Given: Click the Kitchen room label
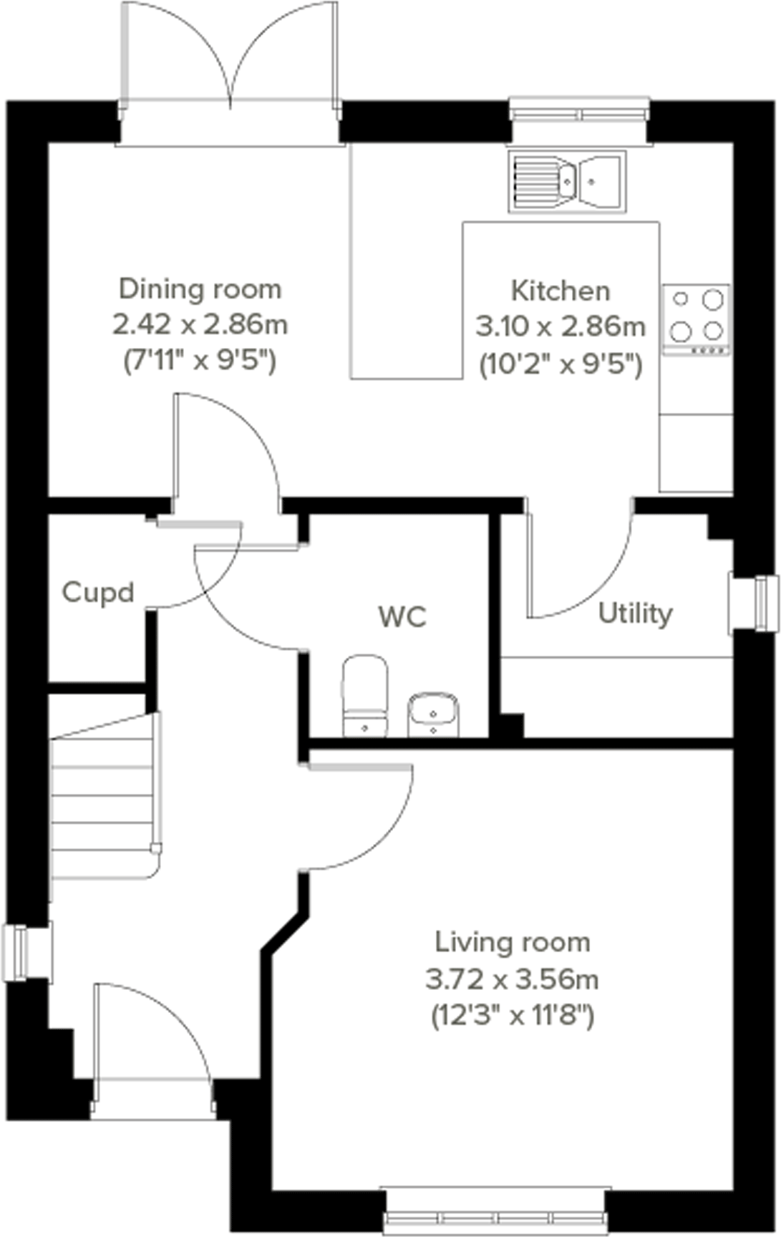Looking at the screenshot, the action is click(561, 291).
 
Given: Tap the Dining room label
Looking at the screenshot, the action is click(200, 288).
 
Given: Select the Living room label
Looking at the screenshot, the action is click(513, 942).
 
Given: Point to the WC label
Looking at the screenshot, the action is click(402, 616).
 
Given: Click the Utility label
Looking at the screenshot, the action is click(636, 613).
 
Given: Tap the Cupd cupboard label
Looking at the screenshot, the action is click(98, 592).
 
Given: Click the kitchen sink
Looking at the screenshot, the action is click(567, 181).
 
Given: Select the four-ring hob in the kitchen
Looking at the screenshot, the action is click(696, 319).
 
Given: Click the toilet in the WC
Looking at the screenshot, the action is click(365, 695).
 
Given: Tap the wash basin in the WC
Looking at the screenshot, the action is click(433, 714).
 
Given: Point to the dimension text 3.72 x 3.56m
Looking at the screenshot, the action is click(513, 979).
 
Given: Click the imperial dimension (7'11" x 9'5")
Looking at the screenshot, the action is click(200, 360).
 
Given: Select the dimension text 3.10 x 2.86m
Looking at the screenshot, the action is click(561, 327).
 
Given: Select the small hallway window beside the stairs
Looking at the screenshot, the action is click(27, 953).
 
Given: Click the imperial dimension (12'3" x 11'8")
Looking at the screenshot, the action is click(513, 1015).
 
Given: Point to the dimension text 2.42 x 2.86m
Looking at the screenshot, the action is click(200, 324).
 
